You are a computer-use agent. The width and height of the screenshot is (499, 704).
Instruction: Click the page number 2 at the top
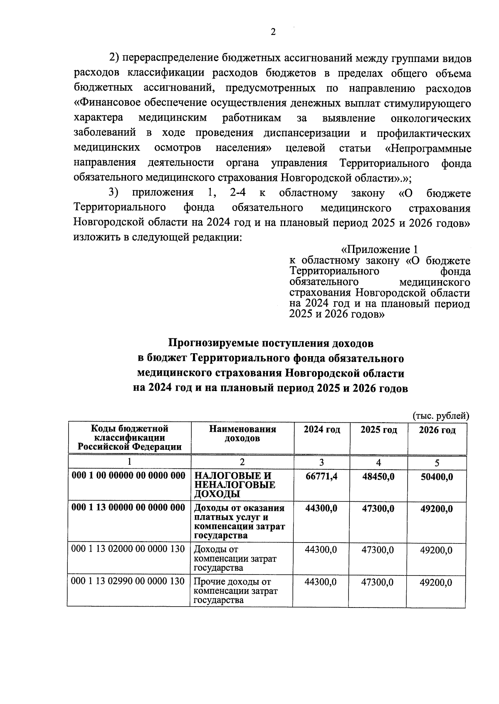(273, 32)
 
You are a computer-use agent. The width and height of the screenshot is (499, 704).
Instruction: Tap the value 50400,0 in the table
(436, 476)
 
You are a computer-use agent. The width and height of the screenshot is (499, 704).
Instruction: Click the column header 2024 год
(321, 429)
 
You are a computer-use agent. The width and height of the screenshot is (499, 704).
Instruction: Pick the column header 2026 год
(437, 430)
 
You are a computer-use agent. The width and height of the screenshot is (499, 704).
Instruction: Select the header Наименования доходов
(242, 434)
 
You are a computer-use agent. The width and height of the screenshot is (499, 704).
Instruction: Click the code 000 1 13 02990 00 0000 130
(128, 581)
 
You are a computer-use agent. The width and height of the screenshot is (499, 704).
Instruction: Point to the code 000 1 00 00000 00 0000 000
(128, 476)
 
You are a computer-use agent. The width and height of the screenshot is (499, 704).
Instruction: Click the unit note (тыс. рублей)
(441, 416)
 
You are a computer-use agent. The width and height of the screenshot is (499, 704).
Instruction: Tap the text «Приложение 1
(379, 250)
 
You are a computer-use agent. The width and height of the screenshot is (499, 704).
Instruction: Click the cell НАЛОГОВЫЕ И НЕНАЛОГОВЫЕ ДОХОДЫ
(235, 485)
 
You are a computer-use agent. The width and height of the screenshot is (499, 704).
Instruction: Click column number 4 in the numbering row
(378, 462)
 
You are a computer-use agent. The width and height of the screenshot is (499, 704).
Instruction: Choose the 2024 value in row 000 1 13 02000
(321, 550)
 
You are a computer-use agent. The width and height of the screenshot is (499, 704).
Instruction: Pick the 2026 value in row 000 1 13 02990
(435, 582)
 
